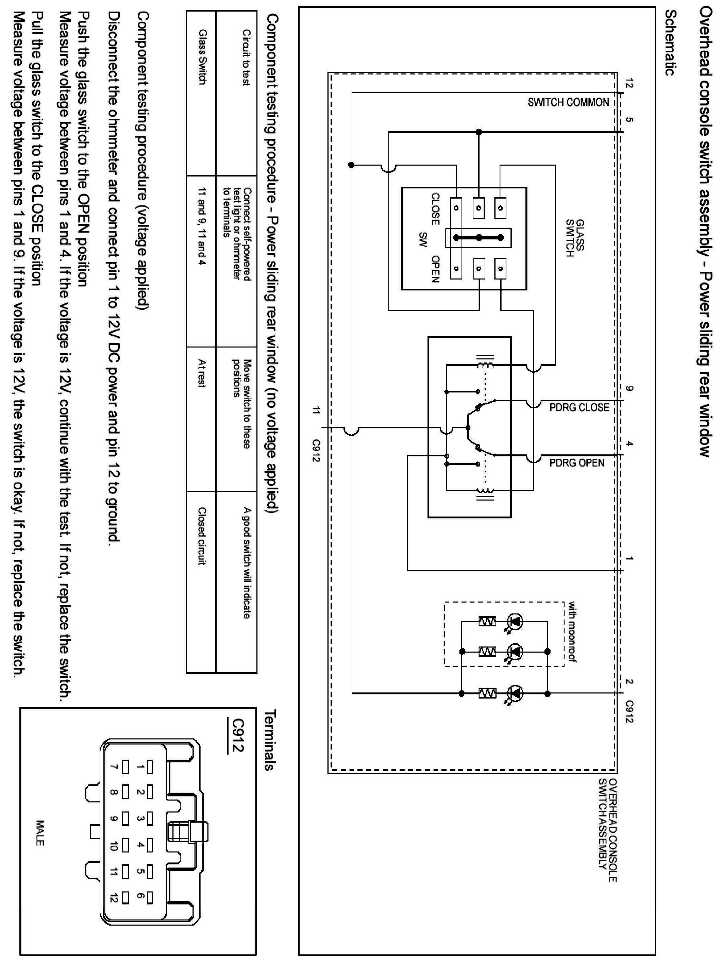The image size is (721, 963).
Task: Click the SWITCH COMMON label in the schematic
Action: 568,103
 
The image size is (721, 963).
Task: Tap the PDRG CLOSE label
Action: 579,407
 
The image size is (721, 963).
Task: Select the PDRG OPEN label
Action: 577,462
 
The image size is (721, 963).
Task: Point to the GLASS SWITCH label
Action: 575,238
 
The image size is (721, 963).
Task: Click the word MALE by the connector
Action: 39,833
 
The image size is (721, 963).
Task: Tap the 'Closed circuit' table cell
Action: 201,536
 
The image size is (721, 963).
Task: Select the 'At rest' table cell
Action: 201,373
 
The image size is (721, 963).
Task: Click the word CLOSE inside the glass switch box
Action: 435,209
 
